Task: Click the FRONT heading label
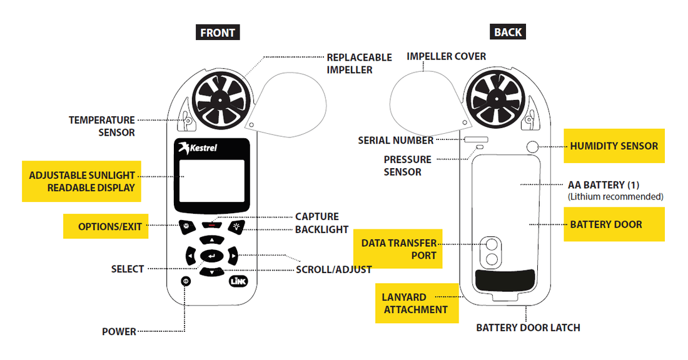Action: pyautogui.click(x=218, y=32)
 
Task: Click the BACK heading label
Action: pyautogui.click(x=507, y=32)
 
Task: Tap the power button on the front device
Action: pyautogui.click(x=186, y=281)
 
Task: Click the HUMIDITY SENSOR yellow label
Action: pyautogui.click(x=614, y=146)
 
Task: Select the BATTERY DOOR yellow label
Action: pyautogui.click(x=605, y=224)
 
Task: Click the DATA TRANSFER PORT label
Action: pyautogui.click(x=398, y=249)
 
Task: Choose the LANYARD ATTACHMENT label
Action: pyautogui.click(x=415, y=303)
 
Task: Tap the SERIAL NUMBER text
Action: pyautogui.click(x=395, y=141)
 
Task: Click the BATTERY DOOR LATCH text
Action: pyautogui.click(x=528, y=327)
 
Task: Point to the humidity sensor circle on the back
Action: pyautogui.click(x=532, y=146)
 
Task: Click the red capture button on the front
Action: pyautogui.click(x=211, y=223)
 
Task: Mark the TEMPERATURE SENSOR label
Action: pyautogui.click(x=101, y=126)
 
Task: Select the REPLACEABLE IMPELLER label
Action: pyautogui.click(x=359, y=63)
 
